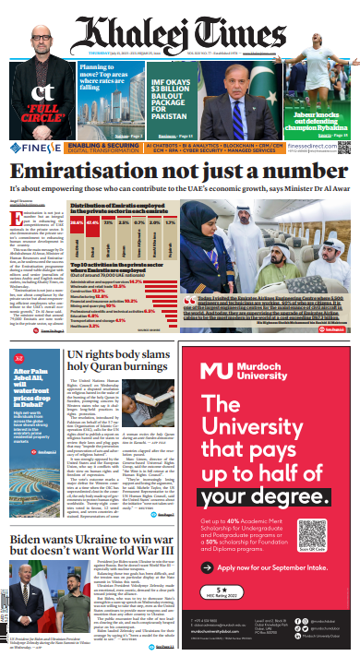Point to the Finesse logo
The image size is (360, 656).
click(x=31, y=147)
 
